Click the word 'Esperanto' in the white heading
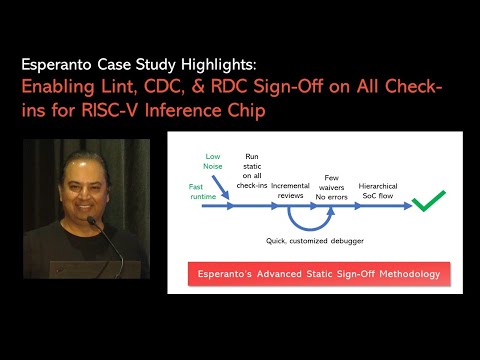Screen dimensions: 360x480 pyautogui.click(x=62, y=62)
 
